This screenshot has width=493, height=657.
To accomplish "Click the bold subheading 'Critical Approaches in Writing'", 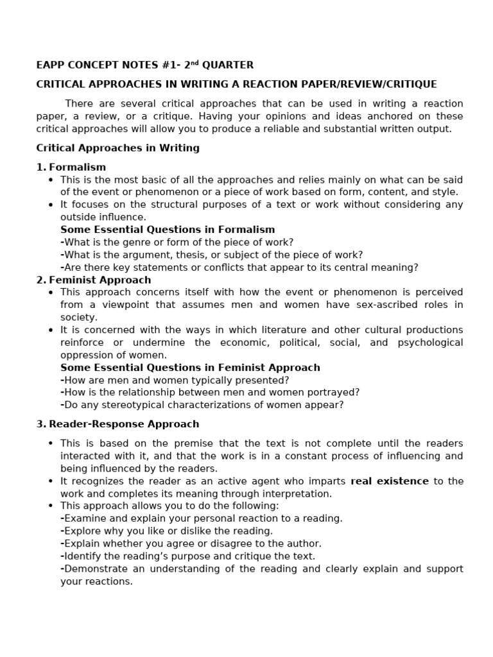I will click(117, 148).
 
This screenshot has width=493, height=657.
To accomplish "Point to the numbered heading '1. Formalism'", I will click(71, 167).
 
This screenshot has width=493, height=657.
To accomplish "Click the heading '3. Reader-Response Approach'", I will click(117, 424).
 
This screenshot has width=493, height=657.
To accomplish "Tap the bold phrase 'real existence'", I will click(390, 481).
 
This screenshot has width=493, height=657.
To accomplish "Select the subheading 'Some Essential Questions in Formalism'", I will click(168, 230).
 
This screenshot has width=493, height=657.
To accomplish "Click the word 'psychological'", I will click(430, 343).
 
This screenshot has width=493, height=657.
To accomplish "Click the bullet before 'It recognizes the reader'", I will click(51, 481).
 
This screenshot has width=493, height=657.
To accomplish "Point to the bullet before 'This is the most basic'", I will click(51, 180).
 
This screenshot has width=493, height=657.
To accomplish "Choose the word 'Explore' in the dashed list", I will click(82, 531).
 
